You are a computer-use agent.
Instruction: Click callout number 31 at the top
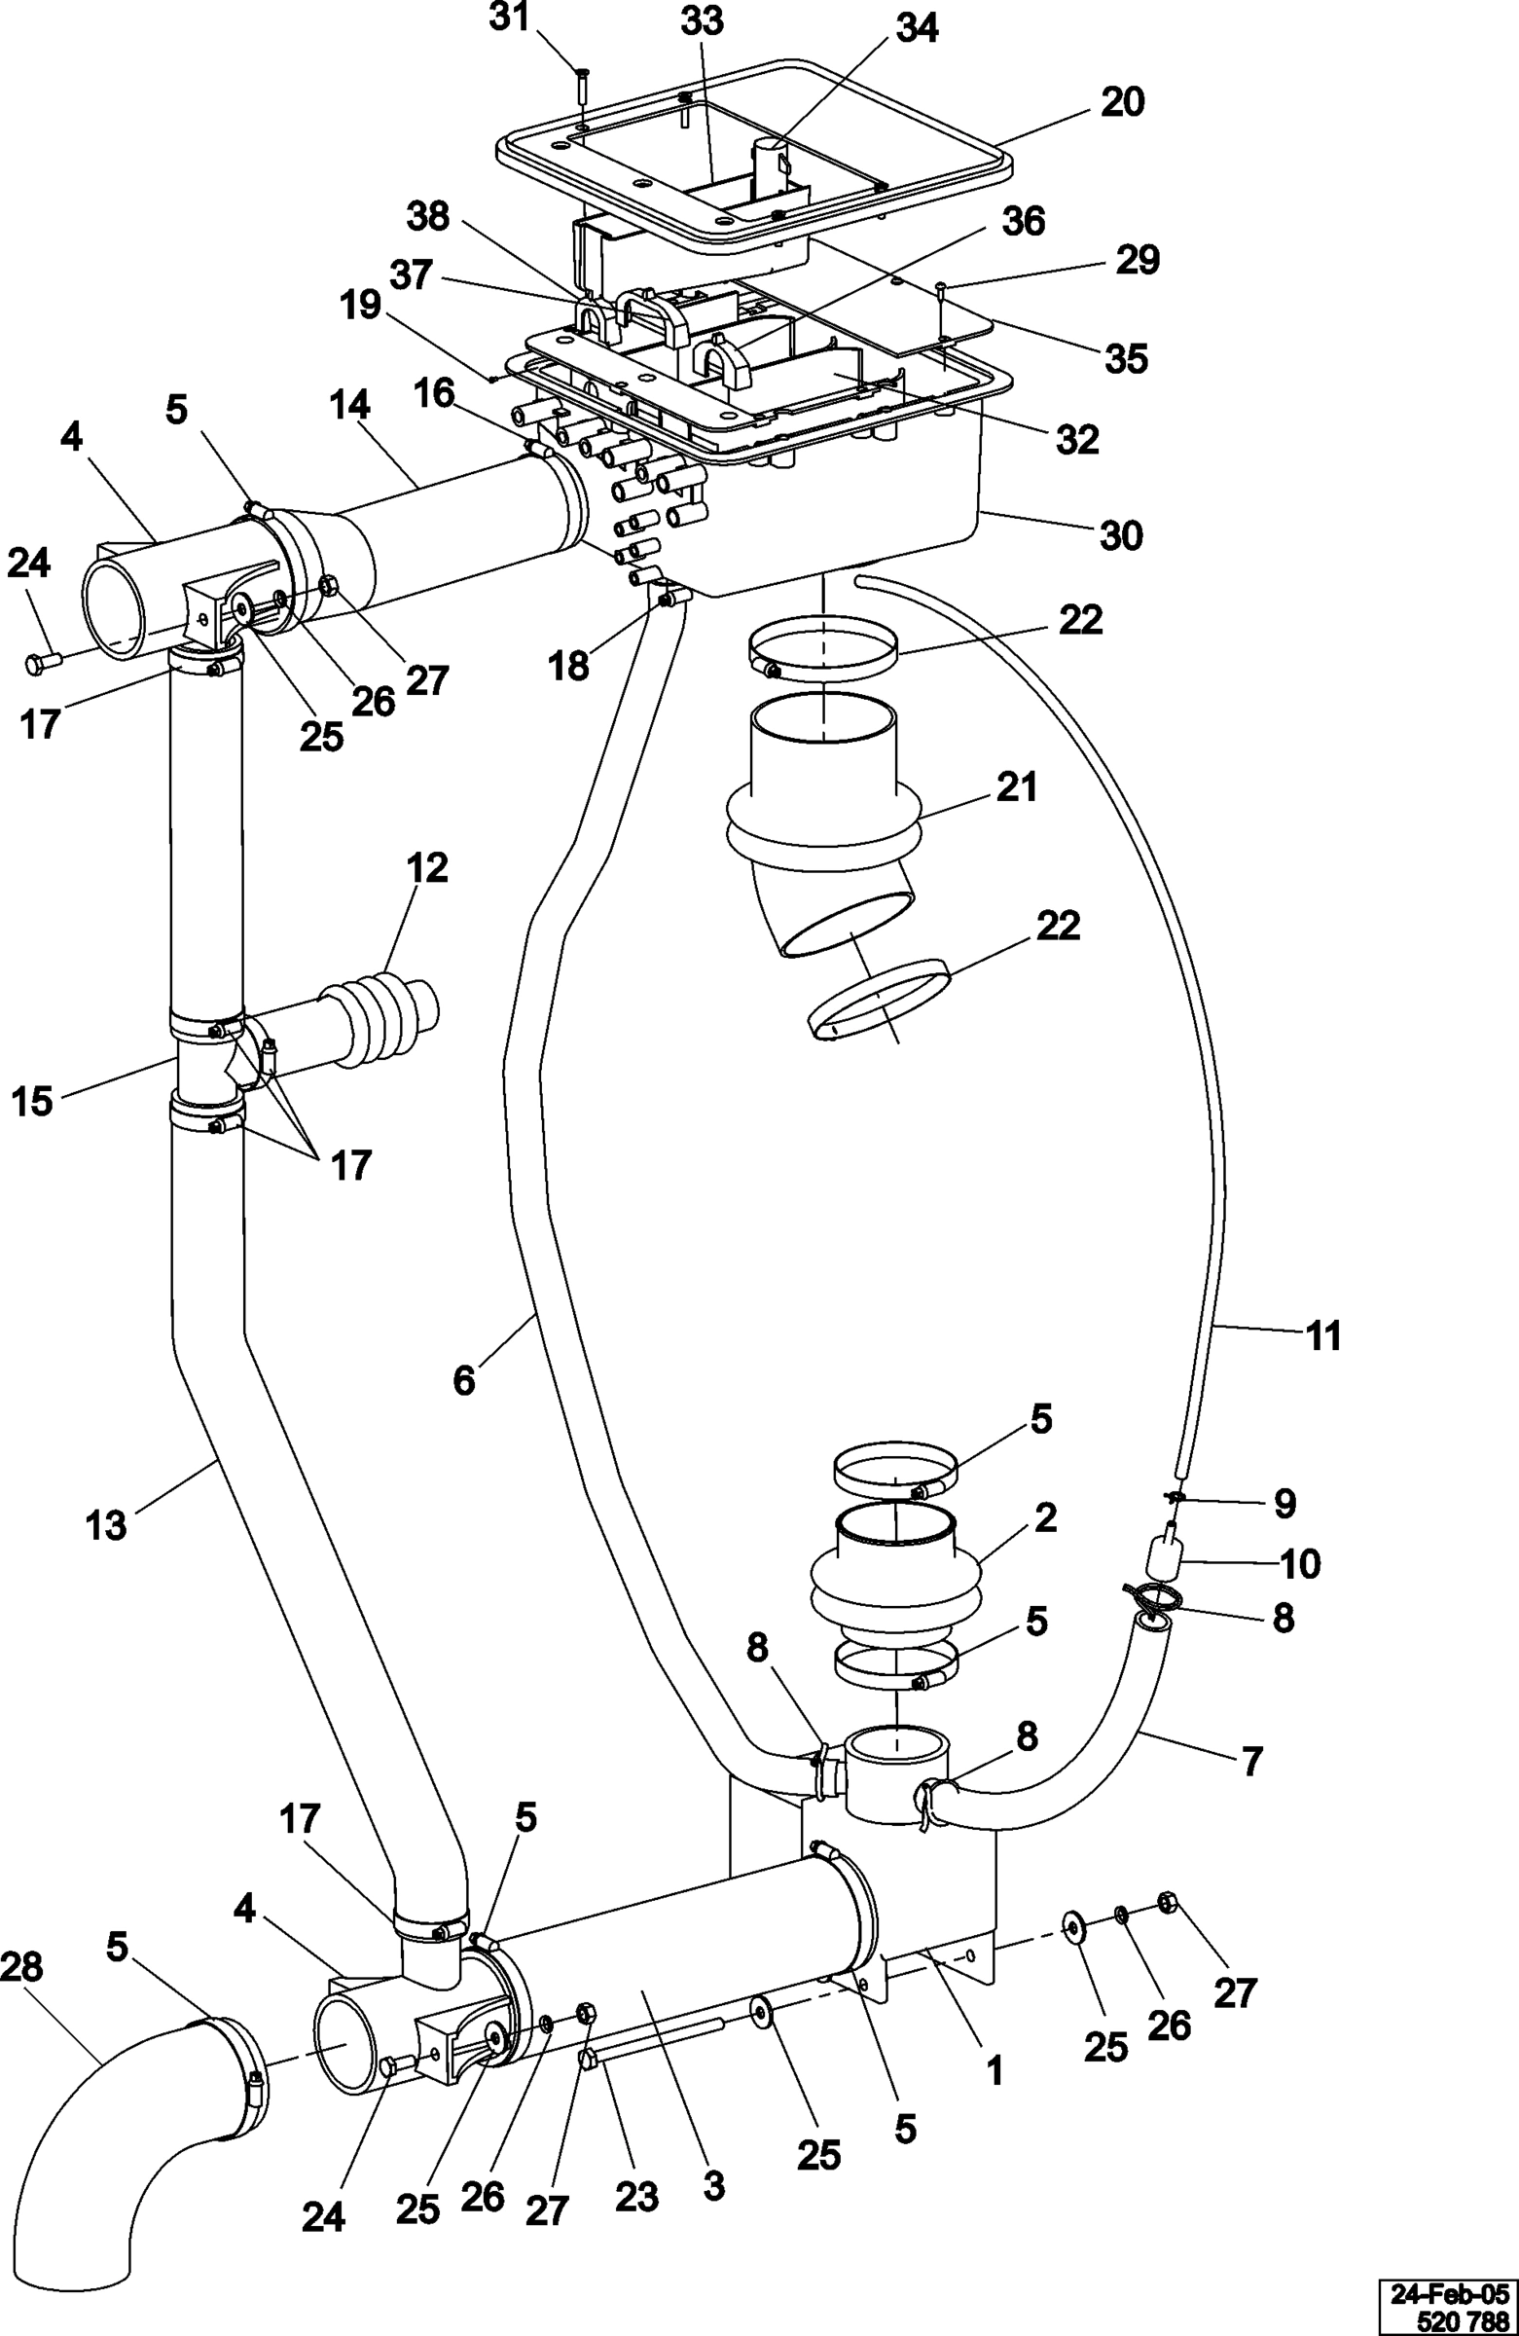[510, 18]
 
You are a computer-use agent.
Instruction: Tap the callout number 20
[1123, 102]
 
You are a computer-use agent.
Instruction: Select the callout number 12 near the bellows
[427, 867]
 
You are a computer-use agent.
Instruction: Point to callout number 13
[106, 1525]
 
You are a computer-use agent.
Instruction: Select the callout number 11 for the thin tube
[1322, 1335]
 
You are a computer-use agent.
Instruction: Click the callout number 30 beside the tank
[1121, 536]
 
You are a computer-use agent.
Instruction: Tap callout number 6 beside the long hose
[464, 1379]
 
